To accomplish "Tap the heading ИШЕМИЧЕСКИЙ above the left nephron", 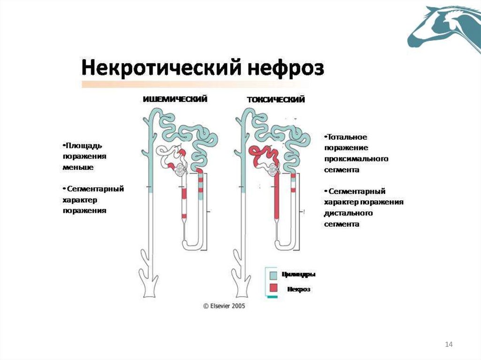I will point(175,99).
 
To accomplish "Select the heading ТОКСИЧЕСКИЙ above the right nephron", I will point(276,100).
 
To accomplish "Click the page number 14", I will point(448,345).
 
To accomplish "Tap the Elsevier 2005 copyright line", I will point(224,306).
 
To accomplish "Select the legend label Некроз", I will point(299,290).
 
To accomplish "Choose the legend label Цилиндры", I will point(299,275).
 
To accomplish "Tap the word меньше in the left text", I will point(78,167).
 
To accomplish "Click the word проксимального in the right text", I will point(356,159).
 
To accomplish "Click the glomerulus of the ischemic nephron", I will point(180,170).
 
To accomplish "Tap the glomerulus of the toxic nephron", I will point(273,170).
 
